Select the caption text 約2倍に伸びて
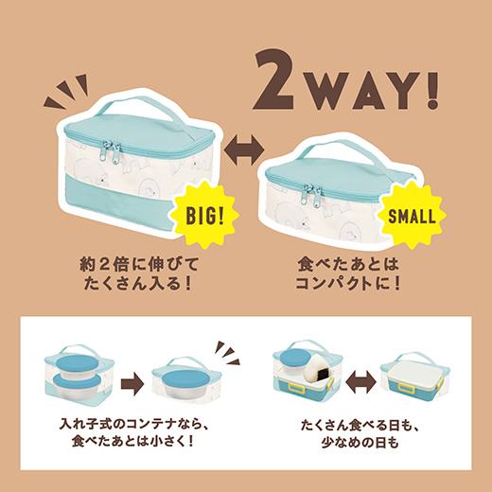[134, 261]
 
